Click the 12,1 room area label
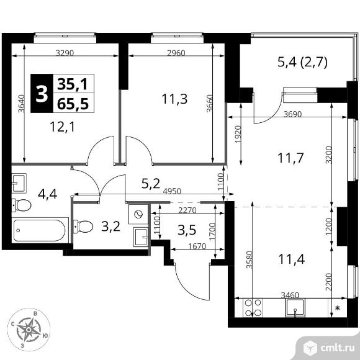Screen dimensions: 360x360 pyautogui.click(x=63, y=127)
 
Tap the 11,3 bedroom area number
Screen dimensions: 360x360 pyautogui.click(x=174, y=99)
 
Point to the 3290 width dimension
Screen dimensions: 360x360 pyautogui.click(x=65, y=53)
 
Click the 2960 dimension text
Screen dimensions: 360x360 pyautogui.click(x=176, y=53)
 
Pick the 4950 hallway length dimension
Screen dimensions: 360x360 pyautogui.click(x=172, y=191)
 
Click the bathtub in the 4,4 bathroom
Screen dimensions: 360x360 pyautogui.click(x=40, y=230)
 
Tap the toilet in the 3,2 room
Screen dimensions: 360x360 pyautogui.click(x=83, y=227)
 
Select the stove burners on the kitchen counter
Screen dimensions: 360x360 pyautogui.click(x=253, y=308)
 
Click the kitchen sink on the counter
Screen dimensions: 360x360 pyautogui.click(x=295, y=308)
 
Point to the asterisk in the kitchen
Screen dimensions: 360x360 pyautogui.click(x=338, y=308)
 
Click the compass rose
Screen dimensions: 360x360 pyautogui.click(x=29, y=330)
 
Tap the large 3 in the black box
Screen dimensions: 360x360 pyautogui.click(x=42, y=93)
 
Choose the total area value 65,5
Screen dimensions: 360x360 pyautogui.click(x=73, y=104)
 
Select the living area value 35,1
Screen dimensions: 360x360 pyautogui.click(x=73, y=84)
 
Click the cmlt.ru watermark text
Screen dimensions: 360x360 pyautogui.click(x=337, y=348)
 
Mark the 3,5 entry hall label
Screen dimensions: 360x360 pyautogui.click(x=187, y=230)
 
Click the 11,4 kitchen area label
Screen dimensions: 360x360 pyautogui.click(x=291, y=259)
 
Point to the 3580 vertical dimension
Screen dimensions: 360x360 pyautogui.click(x=250, y=259)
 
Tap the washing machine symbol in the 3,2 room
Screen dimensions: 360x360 pyautogui.click(x=138, y=214)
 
